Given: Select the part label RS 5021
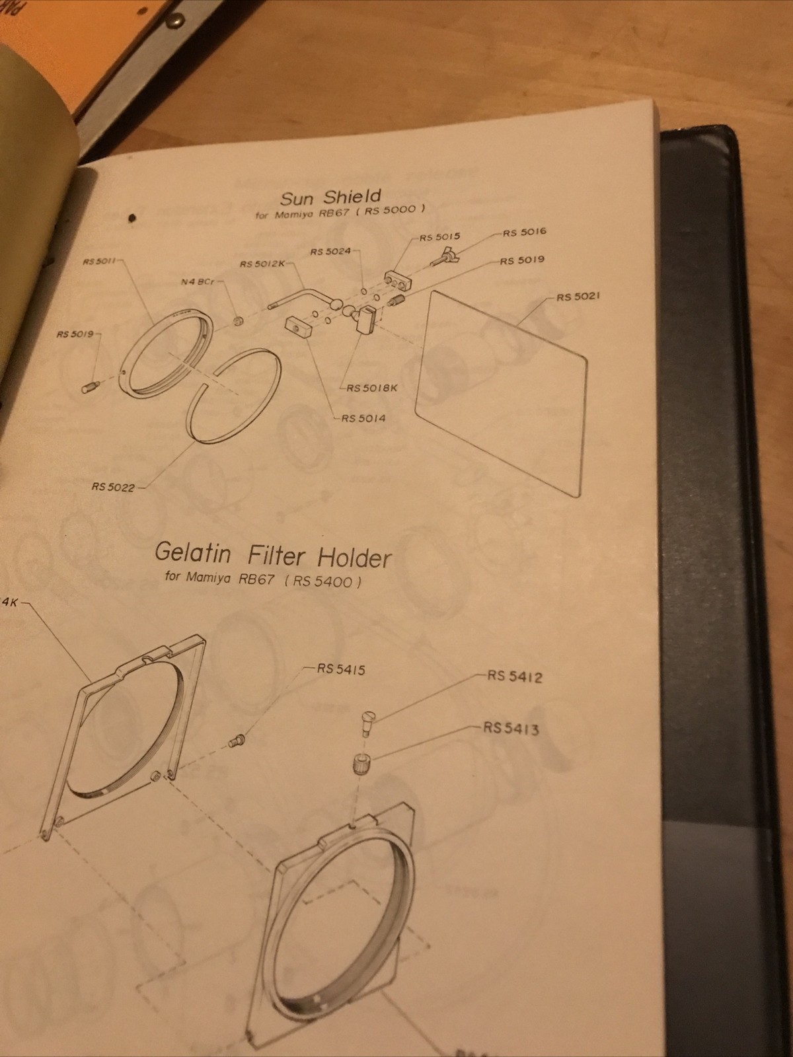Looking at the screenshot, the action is pyautogui.click(x=578, y=297).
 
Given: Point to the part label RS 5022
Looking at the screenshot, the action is pyautogui.click(x=113, y=488).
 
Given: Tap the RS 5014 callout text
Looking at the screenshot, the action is pyautogui.click(x=363, y=418).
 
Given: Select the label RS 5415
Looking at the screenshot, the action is pyautogui.click(x=341, y=669).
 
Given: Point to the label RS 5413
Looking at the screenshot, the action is pyautogui.click(x=511, y=729).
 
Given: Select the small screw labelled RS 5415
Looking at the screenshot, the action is pyautogui.click(x=236, y=742).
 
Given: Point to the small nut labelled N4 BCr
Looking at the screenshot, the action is pyautogui.click(x=240, y=321).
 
